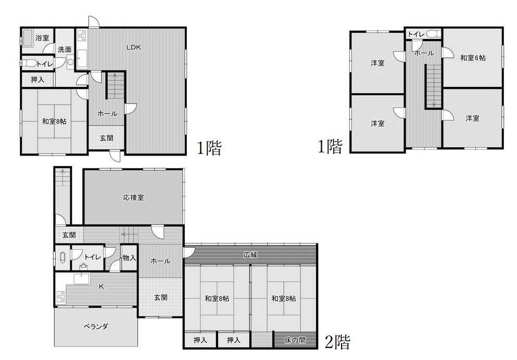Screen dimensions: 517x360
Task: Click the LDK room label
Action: coord(133,47)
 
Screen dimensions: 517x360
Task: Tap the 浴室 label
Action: coord(42,38)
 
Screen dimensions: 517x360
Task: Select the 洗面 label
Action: coord(65,50)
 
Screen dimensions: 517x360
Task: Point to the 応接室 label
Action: coord(133,198)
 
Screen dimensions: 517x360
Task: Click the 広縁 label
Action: coord(250,254)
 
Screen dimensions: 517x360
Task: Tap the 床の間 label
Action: coord(295,340)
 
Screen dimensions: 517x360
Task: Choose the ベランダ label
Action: coord(96,326)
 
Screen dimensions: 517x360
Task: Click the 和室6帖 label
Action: coord(473,58)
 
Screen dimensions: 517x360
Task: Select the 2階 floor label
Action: coord(337,342)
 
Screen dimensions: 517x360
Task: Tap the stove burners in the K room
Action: coord(61,297)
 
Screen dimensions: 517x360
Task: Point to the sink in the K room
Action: coord(82,279)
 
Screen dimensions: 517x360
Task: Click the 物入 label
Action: coord(129,258)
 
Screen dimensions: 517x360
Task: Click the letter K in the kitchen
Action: coord(101,287)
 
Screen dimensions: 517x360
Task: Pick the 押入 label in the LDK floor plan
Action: coord(37,80)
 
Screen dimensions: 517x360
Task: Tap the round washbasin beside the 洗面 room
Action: coord(70,61)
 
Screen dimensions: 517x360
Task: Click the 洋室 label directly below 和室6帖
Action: coord(472,118)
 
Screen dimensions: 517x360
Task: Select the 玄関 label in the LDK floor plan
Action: coord(107,138)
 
